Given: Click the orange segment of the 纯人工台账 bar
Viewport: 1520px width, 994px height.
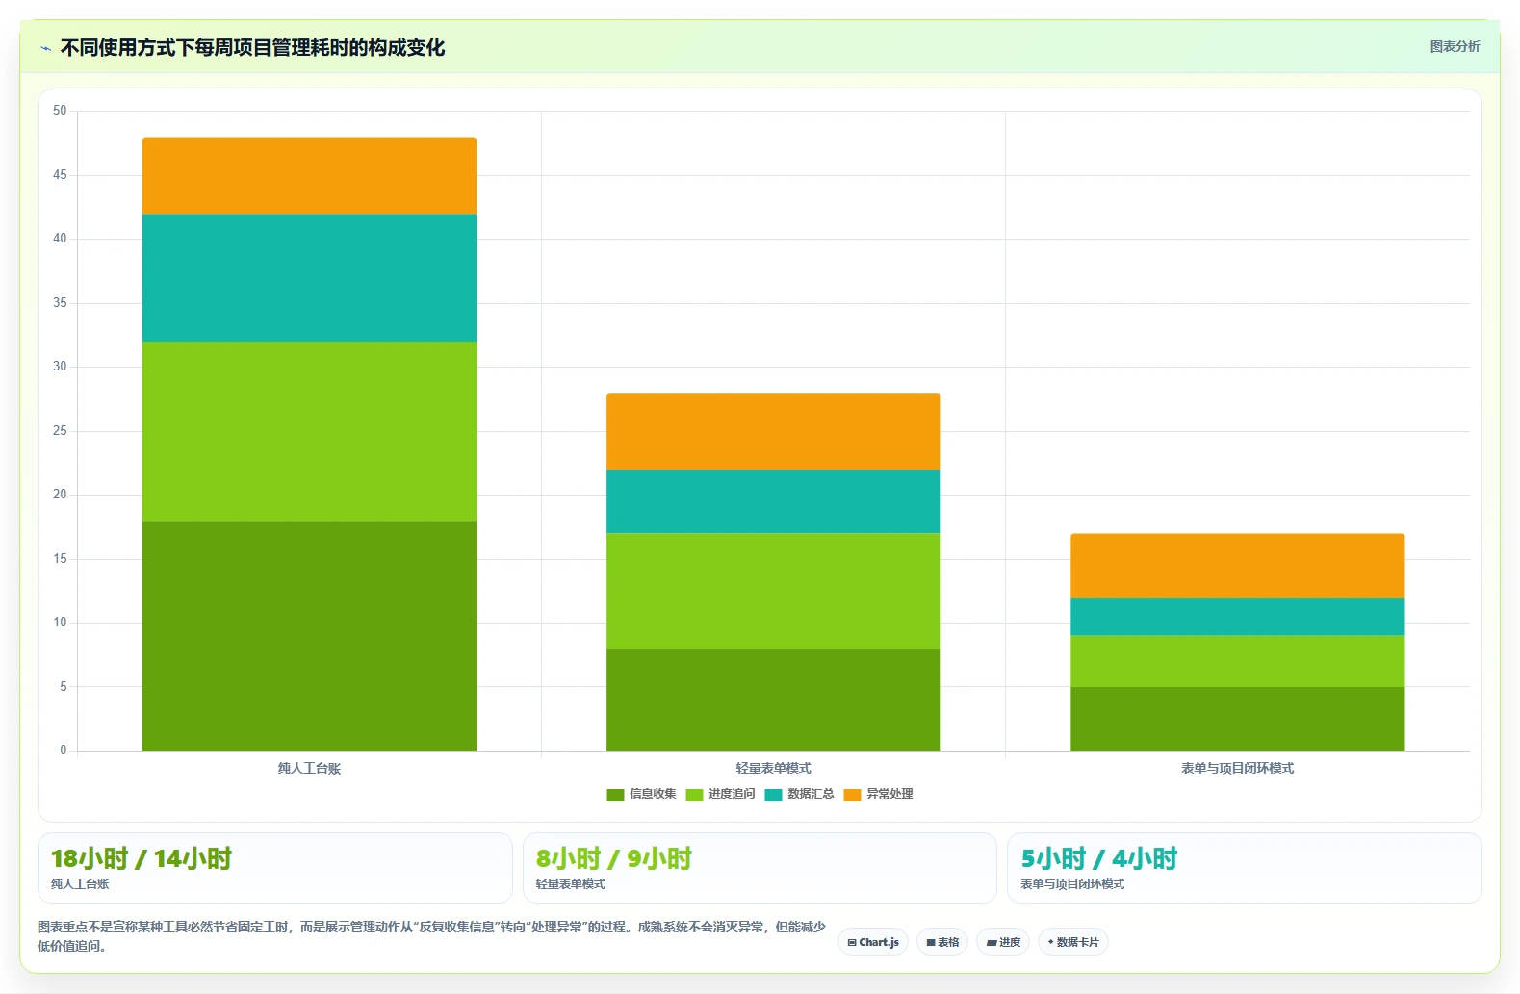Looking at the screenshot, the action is pyautogui.click(x=309, y=176).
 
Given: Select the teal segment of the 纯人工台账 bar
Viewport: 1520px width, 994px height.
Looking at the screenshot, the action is pyautogui.click(x=309, y=278).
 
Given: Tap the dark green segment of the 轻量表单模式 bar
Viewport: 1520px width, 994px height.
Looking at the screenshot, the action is pyautogui.click(x=774, y=700).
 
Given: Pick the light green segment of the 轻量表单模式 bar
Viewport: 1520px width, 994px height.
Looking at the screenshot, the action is pyautogui.click(x=774, y=591).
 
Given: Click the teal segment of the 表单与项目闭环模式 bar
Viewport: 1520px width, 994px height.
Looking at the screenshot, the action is pyautogui.click(x=1238, y=617).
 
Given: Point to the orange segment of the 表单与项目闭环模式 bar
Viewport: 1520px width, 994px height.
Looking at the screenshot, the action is pyautogui.click(x=1238, y=566).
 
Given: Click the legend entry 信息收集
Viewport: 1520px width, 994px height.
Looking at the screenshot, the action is pyautogui.click(x=641, y=794).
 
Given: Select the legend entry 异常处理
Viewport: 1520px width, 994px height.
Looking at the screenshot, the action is pyautogui.click(x=878, y=794).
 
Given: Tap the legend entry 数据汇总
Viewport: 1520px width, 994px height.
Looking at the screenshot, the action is pyautogui.click(x=799, y=794).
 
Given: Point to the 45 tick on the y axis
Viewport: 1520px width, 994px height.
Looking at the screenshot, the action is pyautogui.click(x=60, y=175).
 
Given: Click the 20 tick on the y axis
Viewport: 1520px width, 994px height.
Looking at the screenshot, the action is pyautogui.click(x=60, y=495).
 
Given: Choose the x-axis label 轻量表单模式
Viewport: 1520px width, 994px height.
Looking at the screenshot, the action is pyautogui.click(x=774, y=768).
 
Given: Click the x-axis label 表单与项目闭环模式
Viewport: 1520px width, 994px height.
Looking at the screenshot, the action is pyautogui.click(x=1238, y=768).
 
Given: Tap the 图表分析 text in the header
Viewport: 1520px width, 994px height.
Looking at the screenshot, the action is pyautogui.click(x=1455, y=47).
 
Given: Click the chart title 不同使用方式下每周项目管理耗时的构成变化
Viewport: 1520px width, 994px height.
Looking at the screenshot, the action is pyautogui.click(x=252, y=47).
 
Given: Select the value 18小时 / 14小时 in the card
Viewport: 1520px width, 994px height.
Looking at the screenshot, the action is pyautogui.click(x=142, y=859).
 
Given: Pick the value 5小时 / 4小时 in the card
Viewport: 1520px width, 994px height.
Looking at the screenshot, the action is pyautogui.click(x=1099, y=859).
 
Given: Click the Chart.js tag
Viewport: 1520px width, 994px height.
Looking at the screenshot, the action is pyautogui.click(x=873, y=942).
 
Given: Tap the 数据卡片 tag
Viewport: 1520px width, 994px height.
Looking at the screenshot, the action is pyautogui.click(x=1072, y=942).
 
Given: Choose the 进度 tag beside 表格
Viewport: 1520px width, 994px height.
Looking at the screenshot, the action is pyautogui.click(x=1003, y=942).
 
